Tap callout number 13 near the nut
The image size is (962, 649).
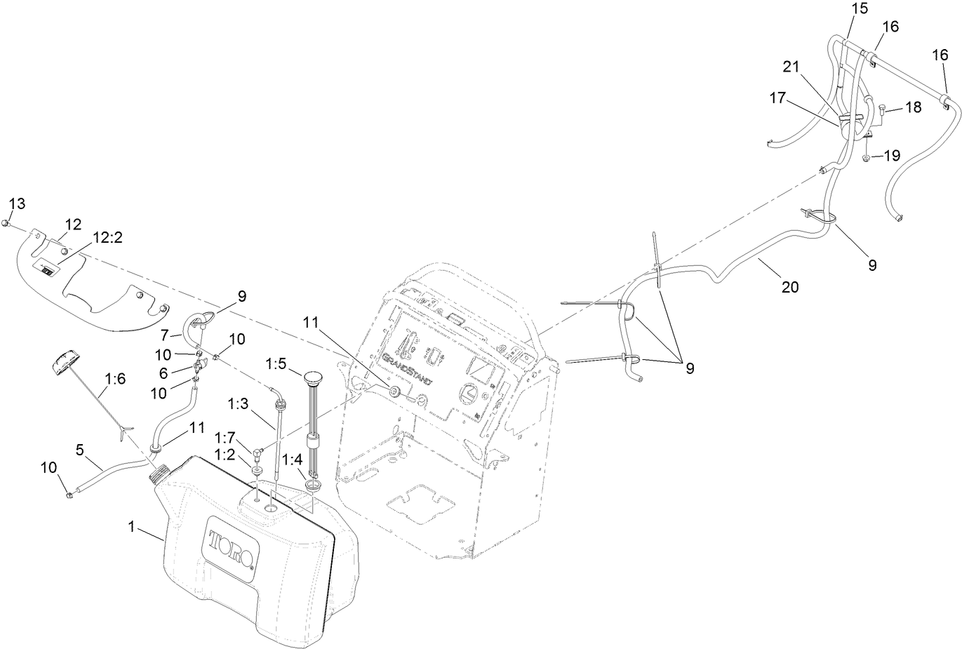point(17,203)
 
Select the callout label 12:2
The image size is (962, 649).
point(107,238)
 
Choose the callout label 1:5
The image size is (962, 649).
point(276,363)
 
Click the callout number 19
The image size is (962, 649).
point(891,156)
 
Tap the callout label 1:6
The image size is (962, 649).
point(115,379)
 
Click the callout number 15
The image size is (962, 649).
point(860,8)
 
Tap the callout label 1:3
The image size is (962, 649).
point(239,404)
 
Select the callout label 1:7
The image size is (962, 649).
point(225,437)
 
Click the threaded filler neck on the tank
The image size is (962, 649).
point(157,474)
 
